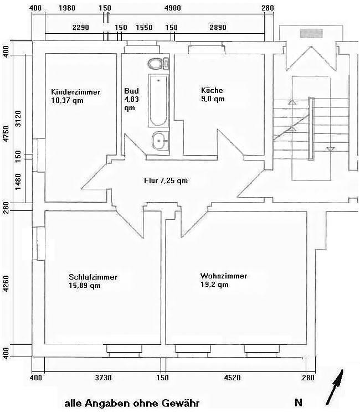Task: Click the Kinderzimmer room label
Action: (x=75, y=92)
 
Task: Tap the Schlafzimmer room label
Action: (x=93, y=277)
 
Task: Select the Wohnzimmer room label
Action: (x=224, y=276)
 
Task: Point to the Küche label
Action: (x=212, y=90)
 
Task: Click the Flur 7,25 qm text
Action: (x=166, y=180)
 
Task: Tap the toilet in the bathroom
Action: (x=157, y=63)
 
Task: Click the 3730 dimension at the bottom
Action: (x=103, y=378)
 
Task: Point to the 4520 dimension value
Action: (x=232, y=378)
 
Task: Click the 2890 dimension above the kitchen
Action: (x=218, y=27)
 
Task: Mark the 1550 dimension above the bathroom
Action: (x=144, y=27)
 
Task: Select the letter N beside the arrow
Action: (x=299, y=402)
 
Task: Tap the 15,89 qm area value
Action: (x=85, y=286)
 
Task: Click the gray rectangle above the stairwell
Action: (x=310, y=33)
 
